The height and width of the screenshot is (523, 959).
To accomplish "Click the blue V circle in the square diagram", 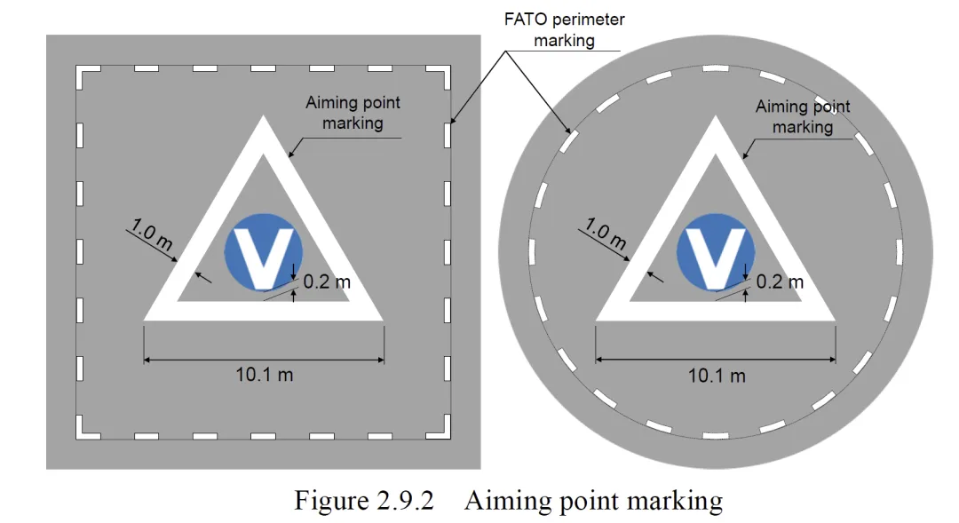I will (x=264, y=251).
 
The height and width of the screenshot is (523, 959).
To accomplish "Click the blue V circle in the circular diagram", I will (x=715, y=251).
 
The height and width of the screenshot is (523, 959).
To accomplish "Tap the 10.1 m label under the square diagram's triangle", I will (x=264, y=374).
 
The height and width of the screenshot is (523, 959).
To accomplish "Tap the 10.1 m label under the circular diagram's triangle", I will (x=717, y=375).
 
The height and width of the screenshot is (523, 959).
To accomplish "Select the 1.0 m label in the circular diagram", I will (x=606, y=236).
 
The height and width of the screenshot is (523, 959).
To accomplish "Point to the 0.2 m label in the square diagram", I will (x=327, y=282).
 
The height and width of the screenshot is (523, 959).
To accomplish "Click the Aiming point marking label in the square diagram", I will (x=353, y=113).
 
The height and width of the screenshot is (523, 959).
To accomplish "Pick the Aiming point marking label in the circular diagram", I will (x=803, y=116).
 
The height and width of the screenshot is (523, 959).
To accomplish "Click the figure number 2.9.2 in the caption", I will (x=400, y=501).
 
